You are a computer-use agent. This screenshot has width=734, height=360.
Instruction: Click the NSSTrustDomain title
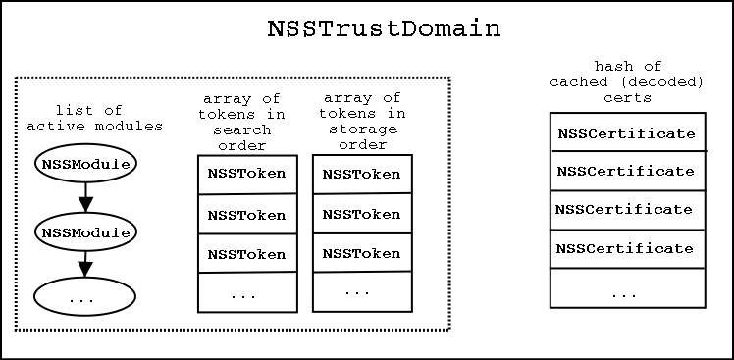click(x=384, y=29)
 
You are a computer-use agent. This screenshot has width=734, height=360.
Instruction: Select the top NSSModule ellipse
click(x=85, y=165)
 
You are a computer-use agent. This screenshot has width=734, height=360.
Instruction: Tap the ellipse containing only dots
click(x=85, y=298)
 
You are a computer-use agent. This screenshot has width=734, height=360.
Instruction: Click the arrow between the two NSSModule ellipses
click(x=85, y=199)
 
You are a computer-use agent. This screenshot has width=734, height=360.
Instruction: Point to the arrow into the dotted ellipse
click(x=85, y=266)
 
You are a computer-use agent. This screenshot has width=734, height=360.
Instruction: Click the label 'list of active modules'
click(x=94, y=120)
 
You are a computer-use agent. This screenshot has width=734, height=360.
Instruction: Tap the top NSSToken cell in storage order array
click(x=361, y=174)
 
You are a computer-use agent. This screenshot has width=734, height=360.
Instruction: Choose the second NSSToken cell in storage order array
click(x=361, y=213)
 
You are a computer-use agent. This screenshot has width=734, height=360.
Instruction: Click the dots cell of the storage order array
click(x=361, y=290)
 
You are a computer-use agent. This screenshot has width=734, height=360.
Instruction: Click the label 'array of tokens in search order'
click(x=241, y=122)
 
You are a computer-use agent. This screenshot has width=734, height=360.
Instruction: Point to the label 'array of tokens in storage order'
click(x=362, y=122)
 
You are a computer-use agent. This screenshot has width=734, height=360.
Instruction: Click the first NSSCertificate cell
click(x=627, y=132)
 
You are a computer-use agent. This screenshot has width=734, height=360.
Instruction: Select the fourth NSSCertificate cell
click(x=627, y=248)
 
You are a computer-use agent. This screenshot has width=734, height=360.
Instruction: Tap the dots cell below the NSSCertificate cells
click(x=627, y=290)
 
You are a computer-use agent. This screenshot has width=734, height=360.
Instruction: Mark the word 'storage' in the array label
click(x=362, y=130)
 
